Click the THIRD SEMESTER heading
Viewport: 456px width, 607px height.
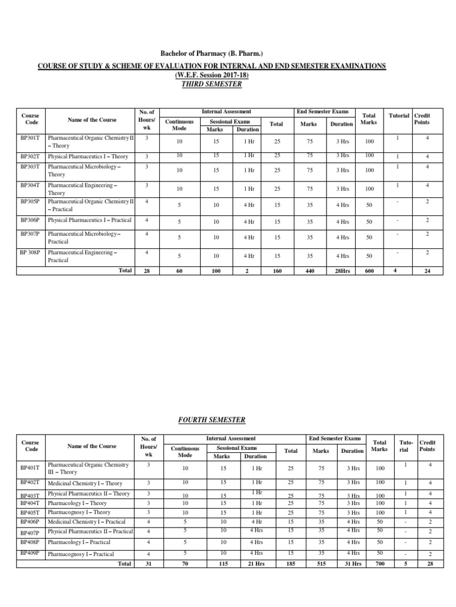coord(213,84)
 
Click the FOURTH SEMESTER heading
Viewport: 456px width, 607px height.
coord(212,420)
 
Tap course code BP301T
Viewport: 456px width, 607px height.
coord(30,138)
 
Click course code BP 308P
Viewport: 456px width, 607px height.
coord(30,252)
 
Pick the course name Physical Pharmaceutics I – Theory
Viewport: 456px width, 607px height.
coord(88,156)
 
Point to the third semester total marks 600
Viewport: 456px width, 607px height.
coord(369,271)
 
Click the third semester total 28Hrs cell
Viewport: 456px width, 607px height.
coord(341,271)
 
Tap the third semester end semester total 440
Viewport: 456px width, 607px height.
coord(308,271)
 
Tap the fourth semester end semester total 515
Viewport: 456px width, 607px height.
coord(321,564)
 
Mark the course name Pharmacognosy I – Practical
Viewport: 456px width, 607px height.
coord(81,554)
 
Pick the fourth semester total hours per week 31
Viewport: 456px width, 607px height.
coord(149,564)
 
